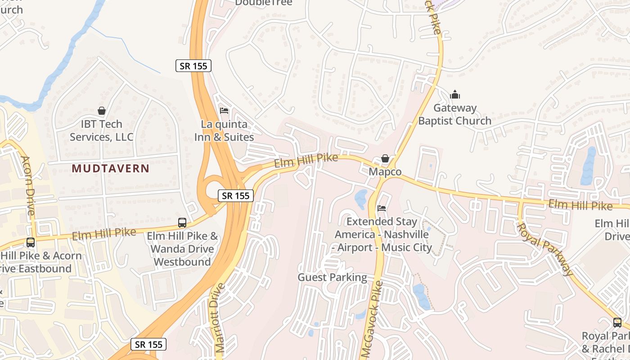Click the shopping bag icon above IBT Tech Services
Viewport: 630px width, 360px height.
102,111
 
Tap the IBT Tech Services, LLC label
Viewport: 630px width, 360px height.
102,130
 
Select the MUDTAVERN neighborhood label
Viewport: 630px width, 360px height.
110,169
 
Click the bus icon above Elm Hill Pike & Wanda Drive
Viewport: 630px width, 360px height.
182,222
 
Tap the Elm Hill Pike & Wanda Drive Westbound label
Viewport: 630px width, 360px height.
182,249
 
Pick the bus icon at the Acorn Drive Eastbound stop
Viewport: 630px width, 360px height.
31,243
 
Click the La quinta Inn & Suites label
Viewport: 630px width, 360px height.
224,130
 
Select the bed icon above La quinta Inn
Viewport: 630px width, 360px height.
224,111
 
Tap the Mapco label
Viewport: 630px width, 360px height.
385,172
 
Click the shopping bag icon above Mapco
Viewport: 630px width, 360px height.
385,158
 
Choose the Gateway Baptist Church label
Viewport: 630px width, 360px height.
454,114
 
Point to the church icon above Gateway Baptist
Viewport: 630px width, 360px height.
455,95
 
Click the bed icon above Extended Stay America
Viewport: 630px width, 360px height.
382,208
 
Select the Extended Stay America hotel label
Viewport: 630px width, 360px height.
383,234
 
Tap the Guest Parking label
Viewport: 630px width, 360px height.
332,277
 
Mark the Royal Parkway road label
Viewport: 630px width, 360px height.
545,249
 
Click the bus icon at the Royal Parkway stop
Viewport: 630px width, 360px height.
617,322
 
